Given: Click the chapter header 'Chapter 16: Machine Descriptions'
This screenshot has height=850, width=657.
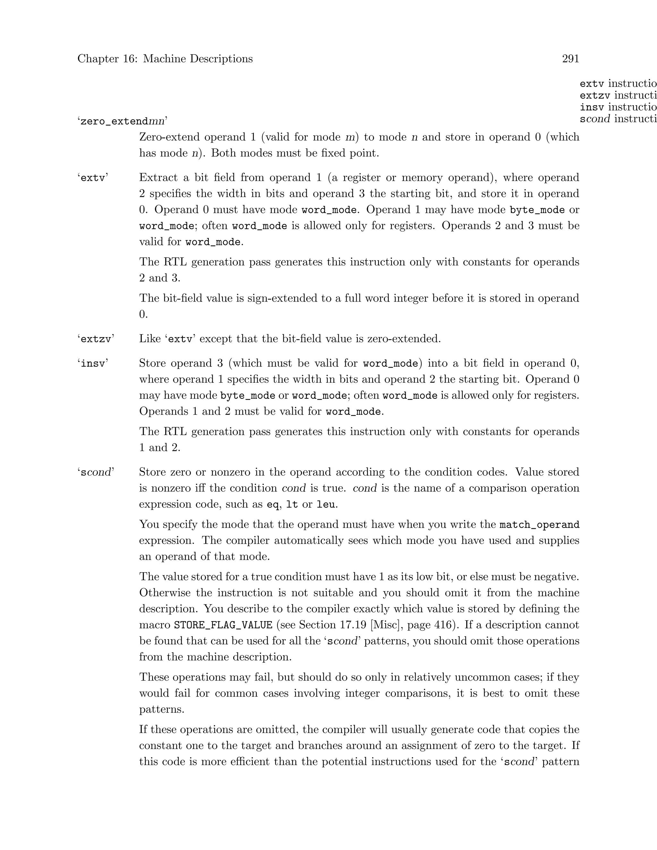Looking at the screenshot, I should (165, 59).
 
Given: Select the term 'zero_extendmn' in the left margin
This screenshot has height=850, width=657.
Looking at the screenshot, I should (123, 122).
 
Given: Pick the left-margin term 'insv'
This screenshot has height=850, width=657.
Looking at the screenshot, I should (93, 363).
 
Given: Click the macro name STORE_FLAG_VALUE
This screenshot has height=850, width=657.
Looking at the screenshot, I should (223, 625).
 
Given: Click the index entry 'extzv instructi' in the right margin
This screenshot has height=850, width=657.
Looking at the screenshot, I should (618, 95).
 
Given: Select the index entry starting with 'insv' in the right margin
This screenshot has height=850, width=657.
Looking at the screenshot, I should (618, 107).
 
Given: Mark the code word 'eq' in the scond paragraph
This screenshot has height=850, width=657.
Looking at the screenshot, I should (272, 505).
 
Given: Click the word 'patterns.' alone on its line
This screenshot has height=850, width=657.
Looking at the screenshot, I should (162, 709).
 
